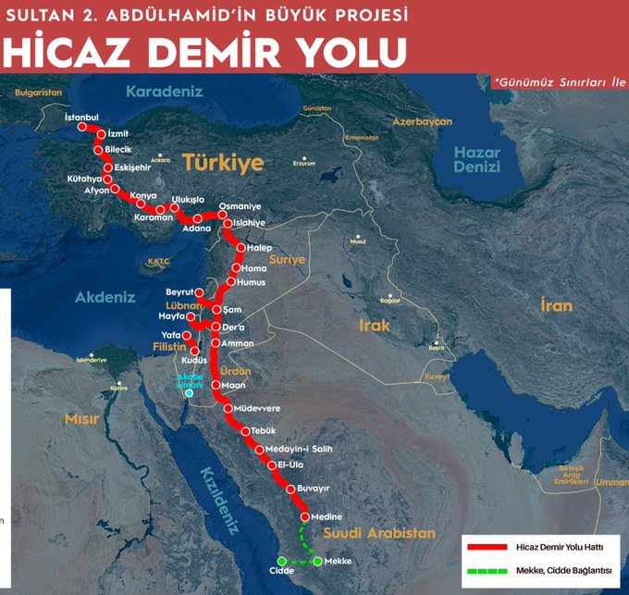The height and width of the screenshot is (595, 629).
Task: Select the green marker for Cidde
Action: click(282, 561)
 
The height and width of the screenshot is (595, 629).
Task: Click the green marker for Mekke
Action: click(317, 561)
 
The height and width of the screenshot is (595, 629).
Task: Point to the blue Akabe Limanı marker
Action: click(190, 393)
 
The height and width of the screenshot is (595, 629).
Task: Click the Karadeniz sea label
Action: click(163, 93)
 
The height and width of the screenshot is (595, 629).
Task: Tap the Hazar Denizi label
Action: click(476, 160)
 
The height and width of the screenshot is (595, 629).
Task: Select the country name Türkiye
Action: click(222, 163)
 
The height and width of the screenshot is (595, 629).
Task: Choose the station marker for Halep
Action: click(240, 248)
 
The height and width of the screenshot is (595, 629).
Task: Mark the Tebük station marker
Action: click(245, 431)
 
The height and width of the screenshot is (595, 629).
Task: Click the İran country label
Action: click(557, 305)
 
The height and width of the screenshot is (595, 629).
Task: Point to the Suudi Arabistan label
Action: click(378, 534)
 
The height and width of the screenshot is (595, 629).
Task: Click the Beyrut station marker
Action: click(199, 292)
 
